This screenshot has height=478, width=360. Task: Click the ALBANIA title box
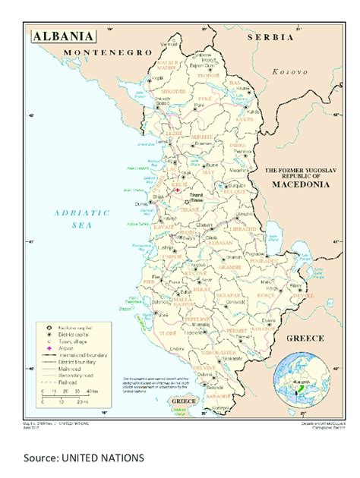click(63, 36)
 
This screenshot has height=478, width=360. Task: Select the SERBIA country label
click(270, 36)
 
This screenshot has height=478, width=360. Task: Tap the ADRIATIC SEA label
click(82, 219)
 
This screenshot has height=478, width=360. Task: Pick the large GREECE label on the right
click(305, 338)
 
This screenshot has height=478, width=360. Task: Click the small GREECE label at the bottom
click(183, 400)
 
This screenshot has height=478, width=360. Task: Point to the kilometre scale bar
click(71, 397)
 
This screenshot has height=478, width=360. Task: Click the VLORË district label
click(167, 333)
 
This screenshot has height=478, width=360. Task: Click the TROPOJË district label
click(208, 76)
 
